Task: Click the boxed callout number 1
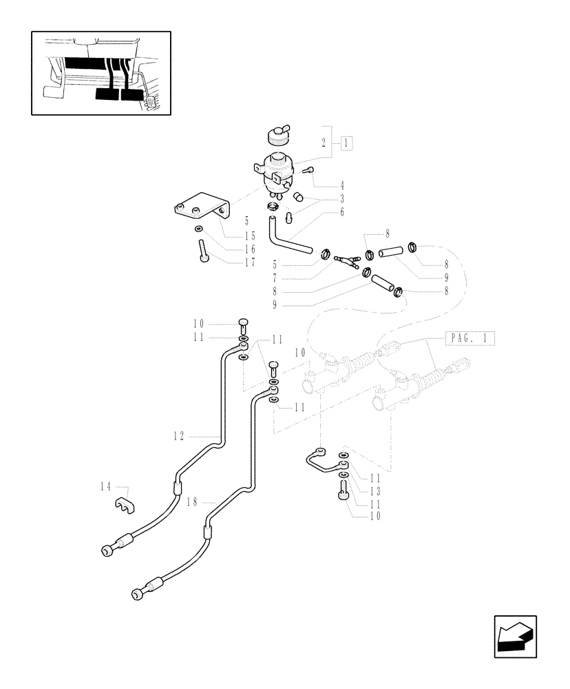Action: (346, 143)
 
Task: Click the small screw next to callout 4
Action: (308, 170)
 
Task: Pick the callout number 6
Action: (341, 213)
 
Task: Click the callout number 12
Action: (179, 435)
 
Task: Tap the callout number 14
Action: (105, 487)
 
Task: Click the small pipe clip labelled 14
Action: (124, 505)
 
